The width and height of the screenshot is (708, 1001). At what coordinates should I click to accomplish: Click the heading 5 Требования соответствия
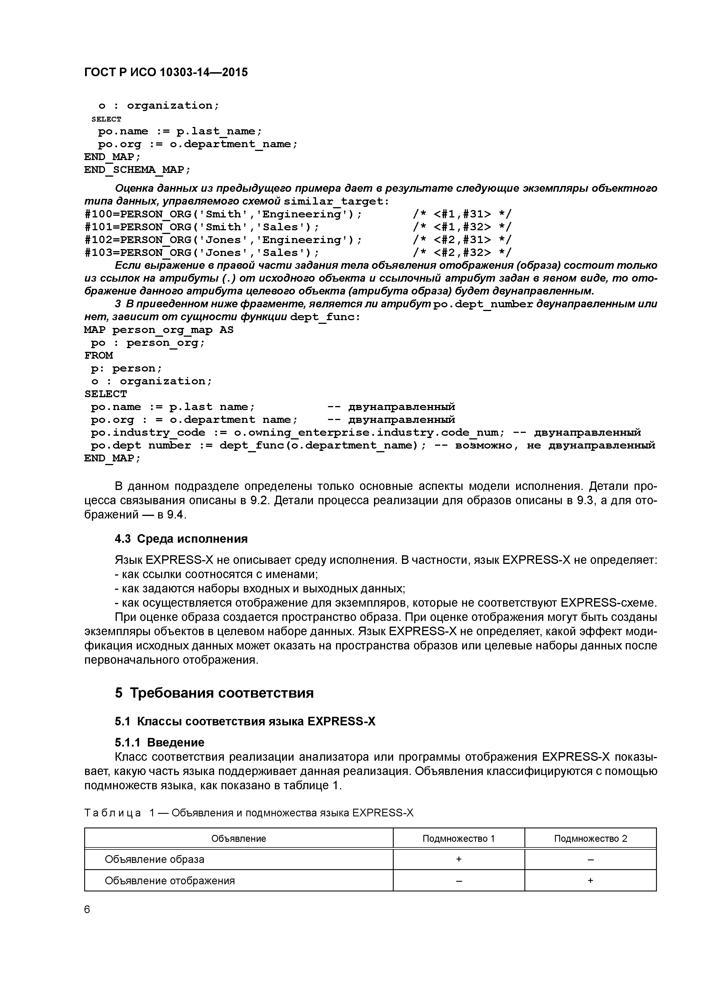(214, 693)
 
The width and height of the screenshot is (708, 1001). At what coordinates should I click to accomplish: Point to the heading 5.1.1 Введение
(160, 742)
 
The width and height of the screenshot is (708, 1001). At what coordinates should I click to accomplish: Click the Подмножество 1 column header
(458, 838)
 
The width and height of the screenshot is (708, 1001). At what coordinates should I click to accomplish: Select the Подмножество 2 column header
(590, 838)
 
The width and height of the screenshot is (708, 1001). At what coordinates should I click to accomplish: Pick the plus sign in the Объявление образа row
(458, 859)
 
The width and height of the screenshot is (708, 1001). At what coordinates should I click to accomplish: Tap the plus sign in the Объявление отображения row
(590, 880)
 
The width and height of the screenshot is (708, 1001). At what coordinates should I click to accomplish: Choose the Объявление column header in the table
(239, 838)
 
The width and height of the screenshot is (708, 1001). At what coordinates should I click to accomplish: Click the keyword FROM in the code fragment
(98, 355)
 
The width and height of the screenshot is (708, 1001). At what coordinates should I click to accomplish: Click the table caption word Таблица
(112, 813)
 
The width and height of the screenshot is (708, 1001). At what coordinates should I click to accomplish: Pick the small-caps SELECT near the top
(106, 119)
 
